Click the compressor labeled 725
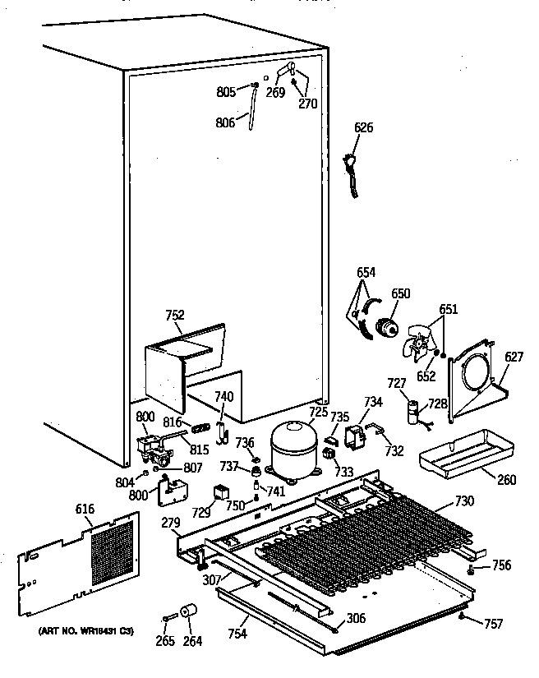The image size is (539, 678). tap(293, 447)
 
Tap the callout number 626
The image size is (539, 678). tap(363, 127)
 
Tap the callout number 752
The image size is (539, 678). tap(174, 315)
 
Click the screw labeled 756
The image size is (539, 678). tap(472, 568)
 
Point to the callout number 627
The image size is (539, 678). tap(513, 357)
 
